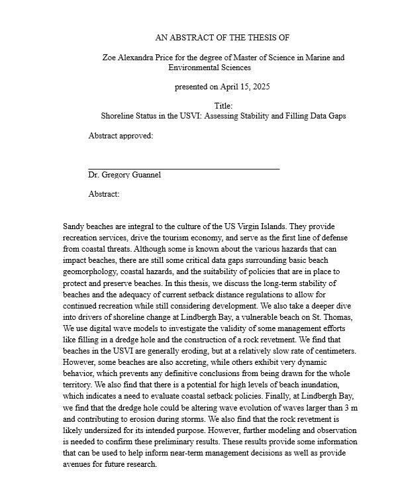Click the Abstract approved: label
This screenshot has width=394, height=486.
pos(121,136)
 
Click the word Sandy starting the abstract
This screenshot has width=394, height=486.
pos(75,226)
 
